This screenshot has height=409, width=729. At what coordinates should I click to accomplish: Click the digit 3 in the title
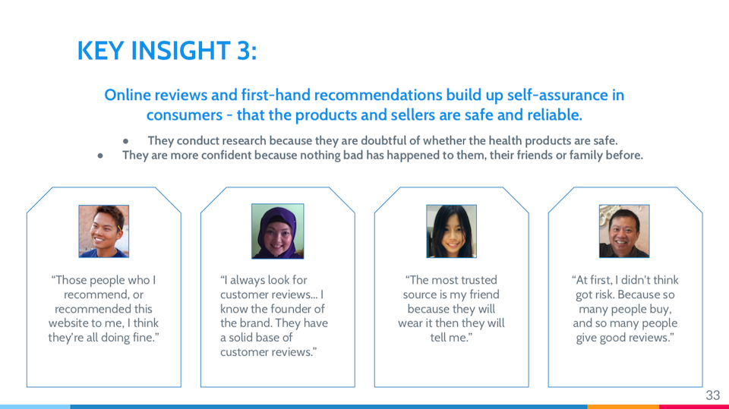point(243,50)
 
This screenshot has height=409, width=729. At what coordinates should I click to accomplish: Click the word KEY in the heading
point(100,50)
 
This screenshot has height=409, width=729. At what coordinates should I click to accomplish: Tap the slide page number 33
point(713,395)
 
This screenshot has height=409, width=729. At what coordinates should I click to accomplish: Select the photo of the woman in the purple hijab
point(278,231)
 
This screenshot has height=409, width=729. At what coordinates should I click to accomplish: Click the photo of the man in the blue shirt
point(104,231)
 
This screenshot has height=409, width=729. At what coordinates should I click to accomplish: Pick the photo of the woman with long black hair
point(451,231)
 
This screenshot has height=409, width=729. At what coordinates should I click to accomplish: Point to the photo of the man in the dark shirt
point(624,231)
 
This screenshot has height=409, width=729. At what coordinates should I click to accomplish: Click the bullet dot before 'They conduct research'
point(125,141)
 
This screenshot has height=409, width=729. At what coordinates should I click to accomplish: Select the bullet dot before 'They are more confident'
point(100,156)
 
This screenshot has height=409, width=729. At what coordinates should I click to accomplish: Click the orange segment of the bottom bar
point(623,407)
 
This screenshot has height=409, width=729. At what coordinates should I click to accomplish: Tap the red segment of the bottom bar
point(694,407)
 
